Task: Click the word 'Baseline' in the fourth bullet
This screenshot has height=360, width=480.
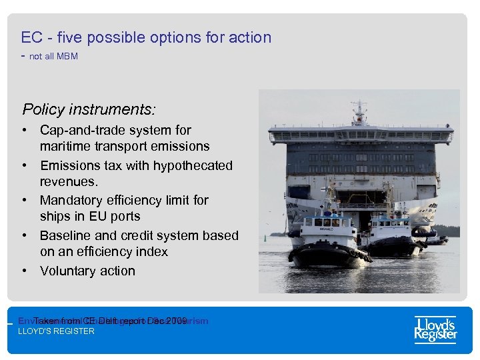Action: [65, 235]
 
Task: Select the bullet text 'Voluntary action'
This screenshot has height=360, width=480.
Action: [87, 271]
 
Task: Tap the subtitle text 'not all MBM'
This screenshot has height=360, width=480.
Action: [53, 57]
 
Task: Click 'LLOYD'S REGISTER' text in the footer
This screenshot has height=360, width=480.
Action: [56, 331]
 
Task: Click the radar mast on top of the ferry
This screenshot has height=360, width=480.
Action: [359, 109]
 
